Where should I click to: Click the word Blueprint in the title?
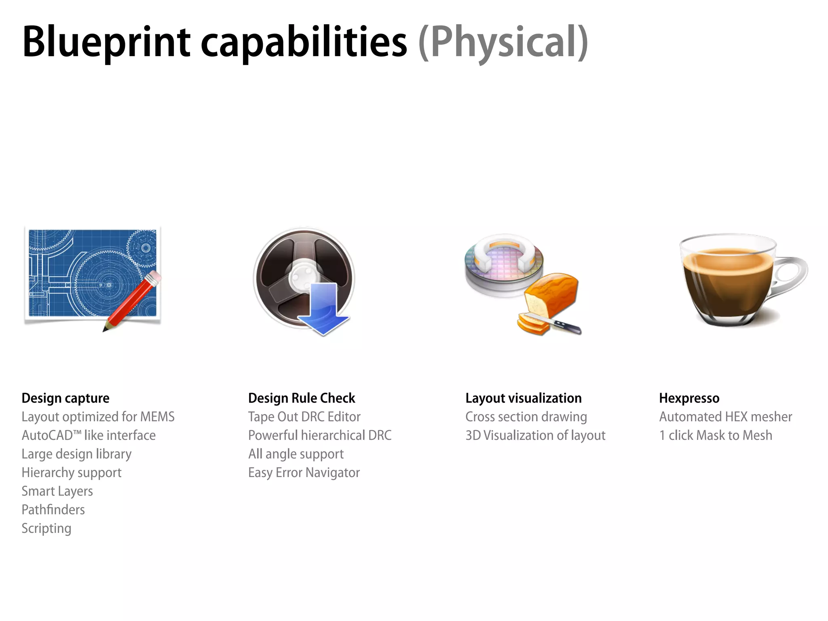[106, 42]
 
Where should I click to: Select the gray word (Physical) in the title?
[503, 42]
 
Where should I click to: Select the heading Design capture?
[65, 398]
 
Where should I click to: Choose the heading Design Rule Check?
[302, 398]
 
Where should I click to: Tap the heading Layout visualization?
[523, 398]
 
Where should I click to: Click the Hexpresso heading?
[689, 398]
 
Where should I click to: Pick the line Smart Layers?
[57, 491]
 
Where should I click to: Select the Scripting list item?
[46, 528]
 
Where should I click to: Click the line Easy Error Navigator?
[304, 473]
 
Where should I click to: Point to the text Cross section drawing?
[526, 417]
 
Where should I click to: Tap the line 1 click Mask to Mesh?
[716, 435]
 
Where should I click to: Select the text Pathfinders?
[53, 510]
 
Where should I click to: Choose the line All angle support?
[296, 454]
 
